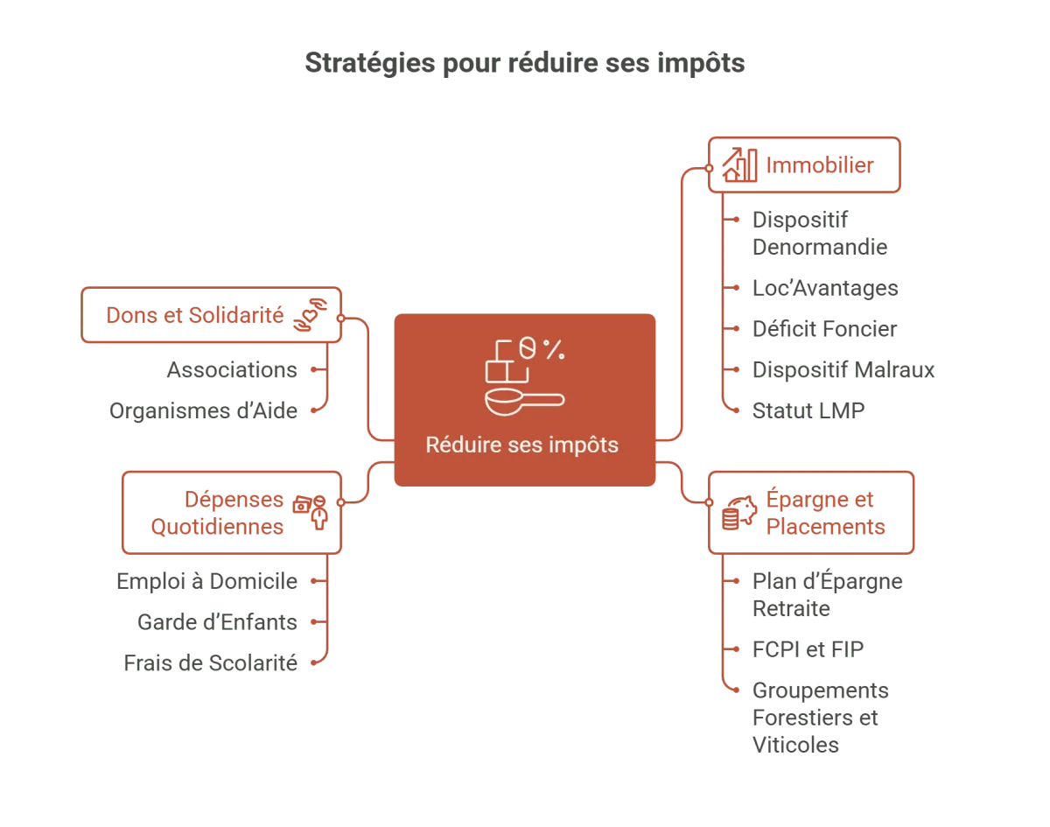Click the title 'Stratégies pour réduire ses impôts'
click(x=525, y=65)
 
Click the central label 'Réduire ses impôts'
click(x=522, y=445)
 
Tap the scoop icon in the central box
click(x=523, y=401)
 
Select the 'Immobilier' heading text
click(x=819, y=165)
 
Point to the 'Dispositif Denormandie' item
click(x=817, y=234)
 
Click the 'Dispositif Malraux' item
click(x=842, y=369)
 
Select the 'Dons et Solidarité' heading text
click(x=194, y=315)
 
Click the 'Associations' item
click(x=232, y=370)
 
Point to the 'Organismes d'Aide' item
click(x=203, y=410)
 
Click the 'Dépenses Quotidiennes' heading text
click(x=219, y=513)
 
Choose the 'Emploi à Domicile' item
click(x=206, y=580)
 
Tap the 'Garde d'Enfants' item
click(x=217, y=621)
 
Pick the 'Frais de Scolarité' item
click(x=210, y=662)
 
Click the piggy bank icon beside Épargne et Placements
click(x=739, y=513)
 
